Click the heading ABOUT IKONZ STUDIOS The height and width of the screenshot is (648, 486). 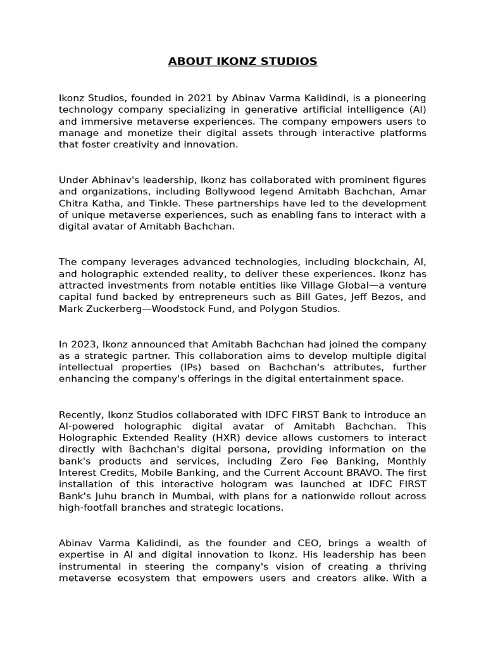(242, 61)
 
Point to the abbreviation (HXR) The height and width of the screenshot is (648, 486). (228, 437)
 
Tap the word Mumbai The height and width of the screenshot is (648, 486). (194, 496)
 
